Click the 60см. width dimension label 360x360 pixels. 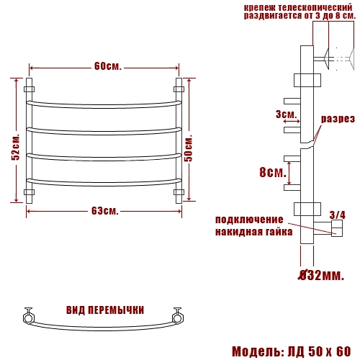(x=108, y=66)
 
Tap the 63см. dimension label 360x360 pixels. (x=105, y=211)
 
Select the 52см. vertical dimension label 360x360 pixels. (x=16, y=147)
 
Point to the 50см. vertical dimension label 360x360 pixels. (x=189, y=148)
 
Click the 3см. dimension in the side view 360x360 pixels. (x=286, y=114)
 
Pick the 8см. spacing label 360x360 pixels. (x=273, y=172)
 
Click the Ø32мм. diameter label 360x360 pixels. (x=321, y=275)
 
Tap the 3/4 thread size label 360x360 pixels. (x=338, y=215)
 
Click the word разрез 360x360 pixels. (x=338, y=119)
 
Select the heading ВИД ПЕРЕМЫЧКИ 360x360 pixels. (x=105, y=310)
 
